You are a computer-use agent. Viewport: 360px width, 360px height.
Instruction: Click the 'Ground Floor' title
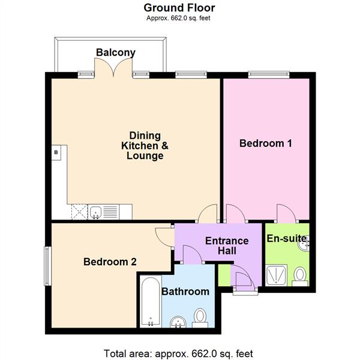(179, 8)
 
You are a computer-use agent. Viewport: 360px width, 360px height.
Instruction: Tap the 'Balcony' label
(115, 53)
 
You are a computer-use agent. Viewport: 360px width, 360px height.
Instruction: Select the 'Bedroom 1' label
(266, 143)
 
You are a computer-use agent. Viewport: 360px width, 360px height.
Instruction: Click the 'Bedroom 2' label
(110, 262)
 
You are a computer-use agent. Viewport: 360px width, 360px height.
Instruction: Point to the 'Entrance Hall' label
(227, 247)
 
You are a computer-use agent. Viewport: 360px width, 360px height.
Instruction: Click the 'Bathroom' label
(185, 292)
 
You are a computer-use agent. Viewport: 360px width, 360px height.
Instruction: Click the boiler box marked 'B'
(56, 153)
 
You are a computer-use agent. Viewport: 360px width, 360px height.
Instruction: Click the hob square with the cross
(79, 211)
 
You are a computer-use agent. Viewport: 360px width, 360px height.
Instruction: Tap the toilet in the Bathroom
(200, 317)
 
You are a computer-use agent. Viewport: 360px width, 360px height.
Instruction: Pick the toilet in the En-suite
(299, 275)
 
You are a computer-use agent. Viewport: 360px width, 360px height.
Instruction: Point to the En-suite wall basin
(304, 241)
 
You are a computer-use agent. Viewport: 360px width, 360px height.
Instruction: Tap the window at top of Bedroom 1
(266, 74)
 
